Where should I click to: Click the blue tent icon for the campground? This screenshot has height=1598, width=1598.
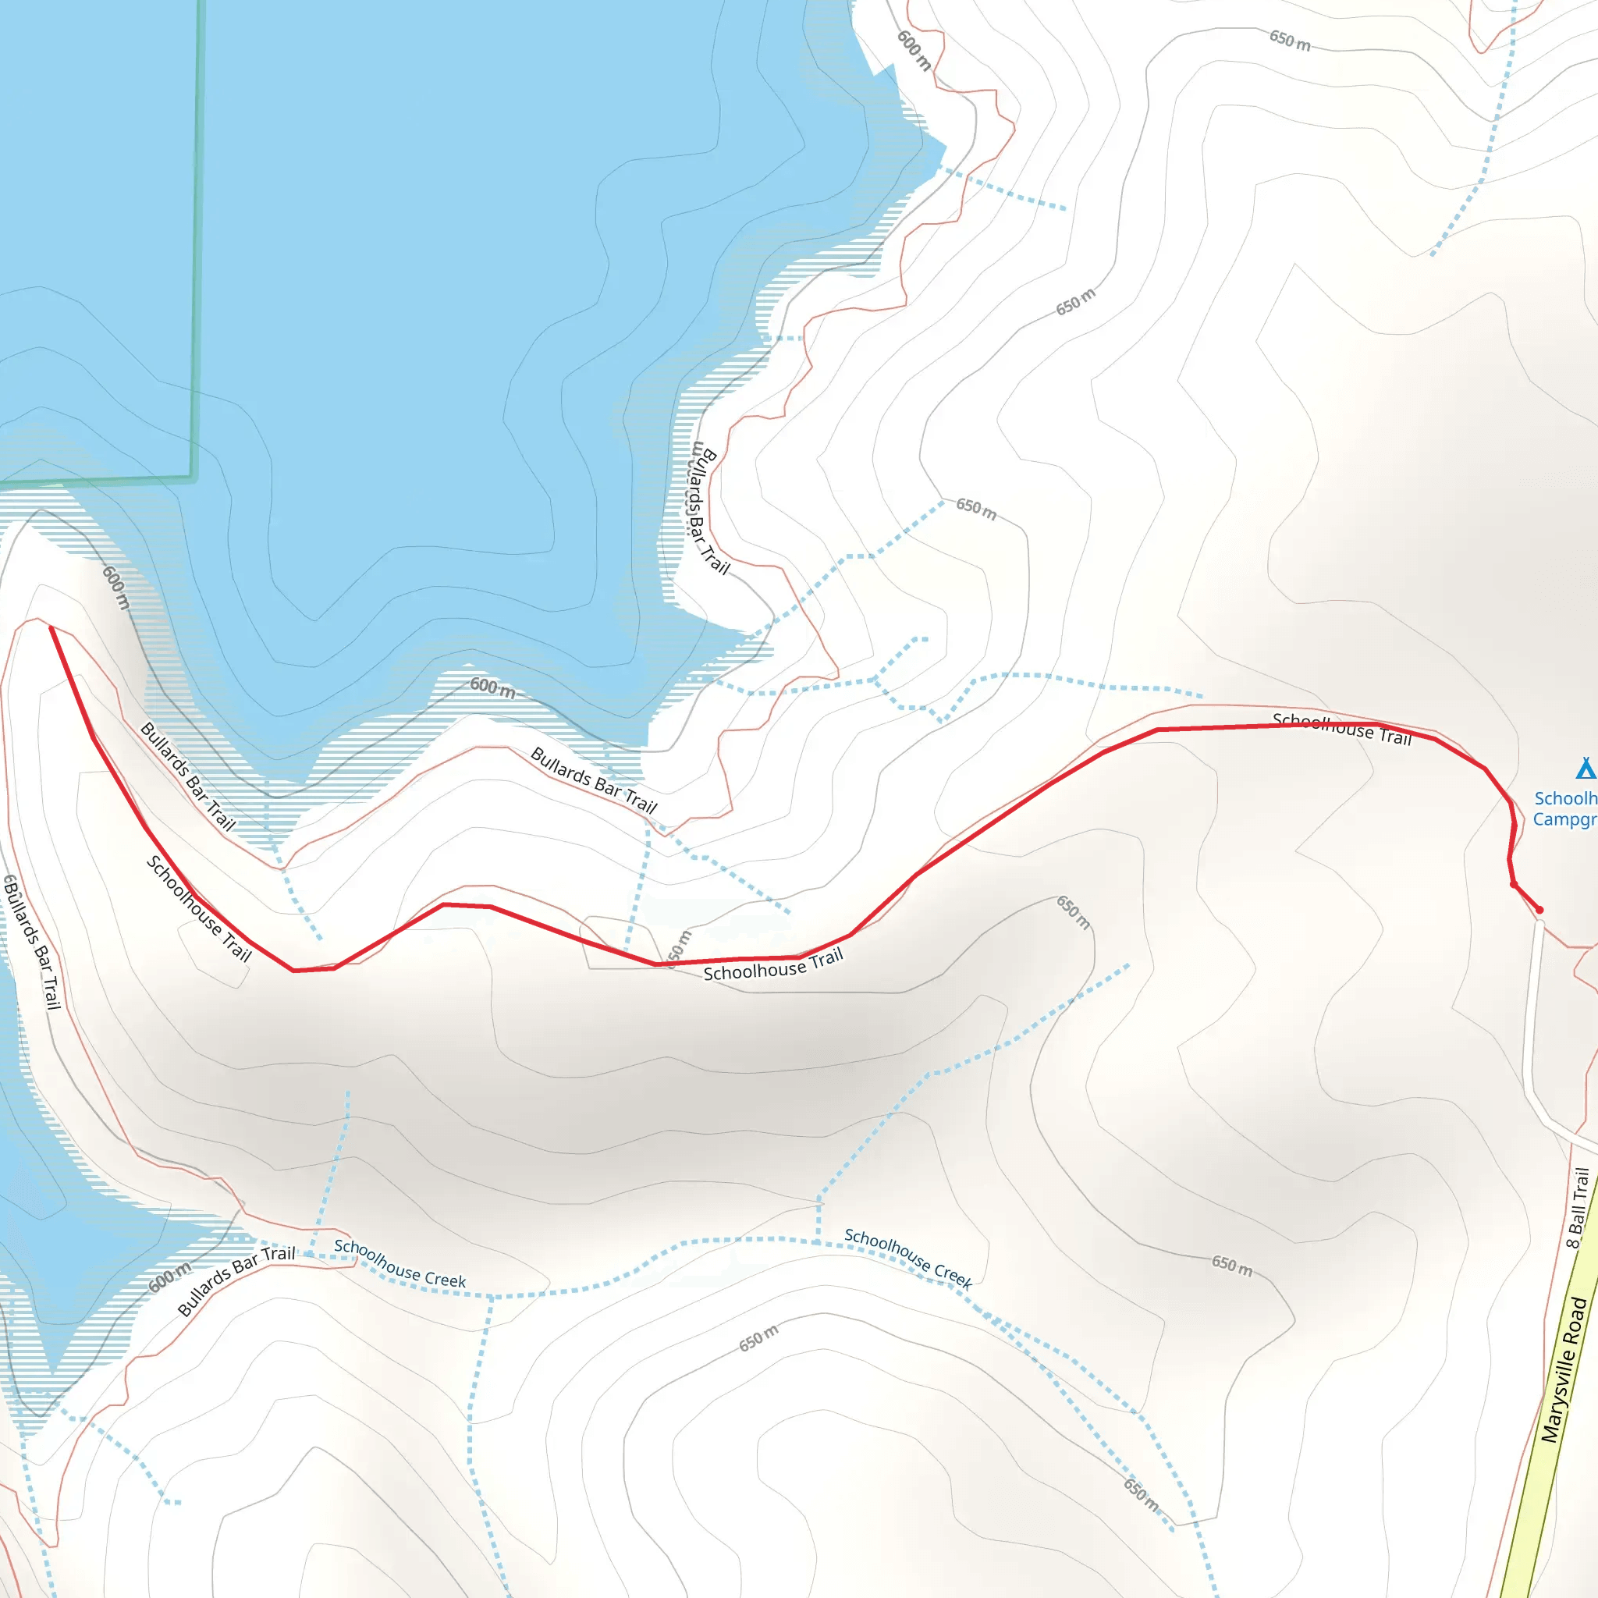click(1585, 769)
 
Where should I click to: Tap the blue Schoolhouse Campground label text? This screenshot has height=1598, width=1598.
click(1565, 808)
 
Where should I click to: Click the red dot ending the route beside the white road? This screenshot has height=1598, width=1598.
click(1539, 910)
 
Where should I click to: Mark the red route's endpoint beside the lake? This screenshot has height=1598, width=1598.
click(51, 629)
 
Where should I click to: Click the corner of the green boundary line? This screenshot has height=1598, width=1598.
click(192, 478)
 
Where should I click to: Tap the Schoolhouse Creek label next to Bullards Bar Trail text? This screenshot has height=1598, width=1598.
click(400, 1264)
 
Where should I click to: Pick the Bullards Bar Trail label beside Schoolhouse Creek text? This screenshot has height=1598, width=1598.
click(236, 1281)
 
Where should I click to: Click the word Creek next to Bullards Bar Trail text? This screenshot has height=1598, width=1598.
click(446, 1279)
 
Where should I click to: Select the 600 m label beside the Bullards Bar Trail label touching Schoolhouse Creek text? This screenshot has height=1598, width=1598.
click(169, 1278)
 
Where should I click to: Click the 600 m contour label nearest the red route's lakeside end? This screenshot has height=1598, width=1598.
click(116, 588)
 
